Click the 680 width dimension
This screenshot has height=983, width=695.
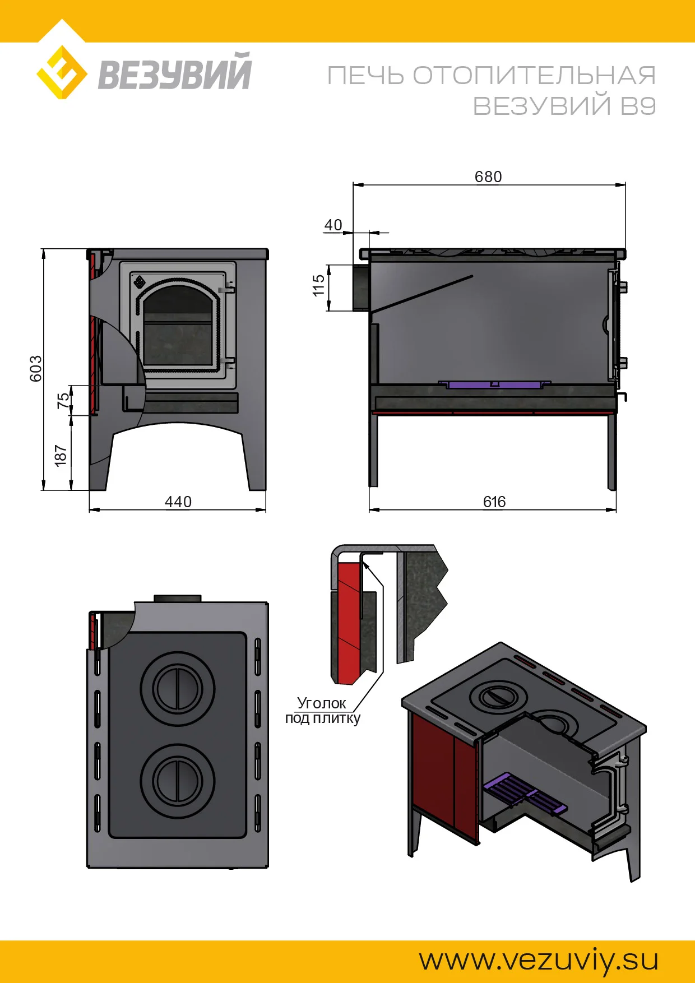488,177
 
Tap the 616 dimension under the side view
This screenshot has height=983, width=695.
494,502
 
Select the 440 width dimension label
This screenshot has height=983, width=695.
178,502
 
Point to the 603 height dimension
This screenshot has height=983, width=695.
36,368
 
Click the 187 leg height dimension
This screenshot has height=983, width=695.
61,456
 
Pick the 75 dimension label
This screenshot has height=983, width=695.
63,400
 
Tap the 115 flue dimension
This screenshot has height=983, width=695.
318,286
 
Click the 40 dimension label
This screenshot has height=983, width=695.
333,225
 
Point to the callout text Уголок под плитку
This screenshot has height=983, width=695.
322,711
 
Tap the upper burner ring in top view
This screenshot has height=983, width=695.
178,689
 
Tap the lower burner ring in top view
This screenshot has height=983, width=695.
178,781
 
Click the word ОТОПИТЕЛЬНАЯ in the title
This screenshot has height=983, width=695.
534,76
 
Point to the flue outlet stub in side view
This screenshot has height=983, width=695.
360,287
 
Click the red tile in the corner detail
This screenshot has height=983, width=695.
348,622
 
